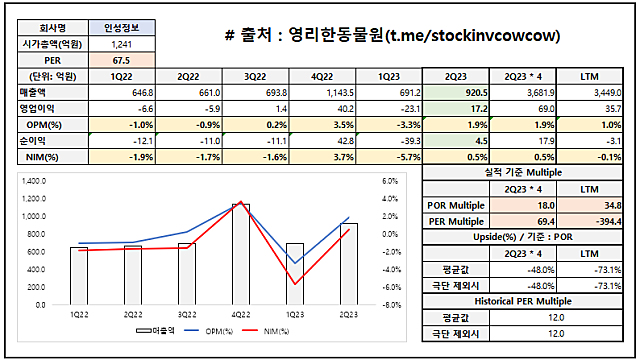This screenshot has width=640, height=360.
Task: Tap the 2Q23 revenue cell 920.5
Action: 455,91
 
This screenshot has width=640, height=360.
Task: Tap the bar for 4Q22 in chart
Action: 241,255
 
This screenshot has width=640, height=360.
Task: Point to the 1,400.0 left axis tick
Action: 35,181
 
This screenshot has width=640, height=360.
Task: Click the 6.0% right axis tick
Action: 391,181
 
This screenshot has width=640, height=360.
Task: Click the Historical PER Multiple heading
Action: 522,302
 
